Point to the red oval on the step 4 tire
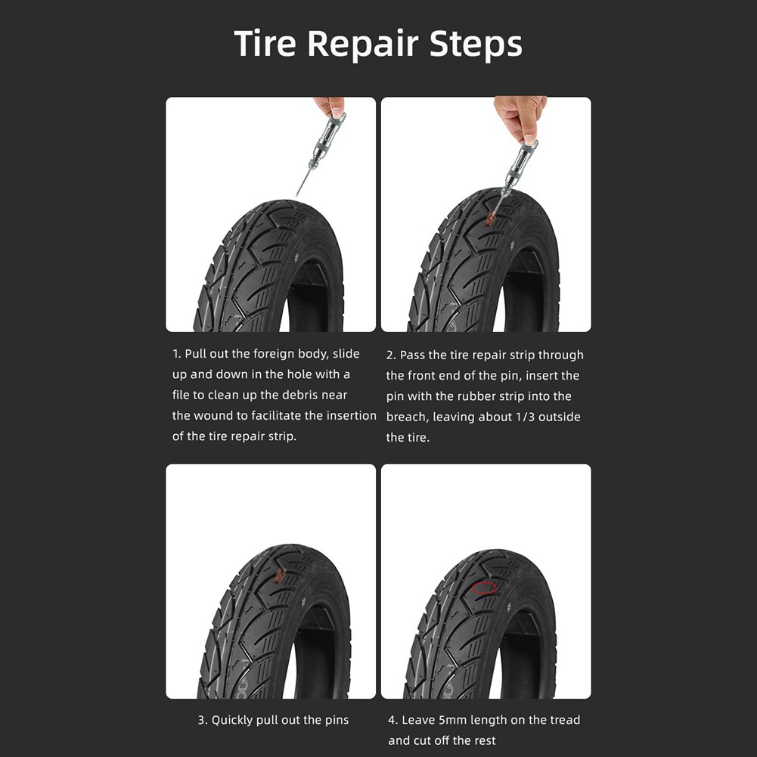[484, 588]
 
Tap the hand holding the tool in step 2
[520, 114]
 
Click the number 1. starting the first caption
[177, 354]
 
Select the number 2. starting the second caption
[391, 355]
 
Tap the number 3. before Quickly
[203, 720]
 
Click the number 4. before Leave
[392, 720]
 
